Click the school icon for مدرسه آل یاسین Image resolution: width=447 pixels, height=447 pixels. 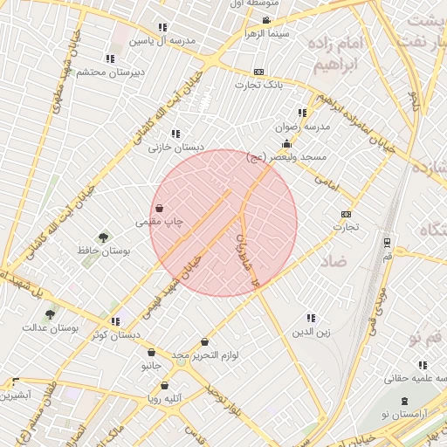(x=162, y=28)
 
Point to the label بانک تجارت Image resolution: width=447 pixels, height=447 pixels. (x=258, y=85)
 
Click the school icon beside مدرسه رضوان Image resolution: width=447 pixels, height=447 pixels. (x=302, y=113)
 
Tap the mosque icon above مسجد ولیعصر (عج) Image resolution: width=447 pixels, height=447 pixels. (x=286, y=144)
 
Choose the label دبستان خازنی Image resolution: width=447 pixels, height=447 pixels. (x=175, y=148)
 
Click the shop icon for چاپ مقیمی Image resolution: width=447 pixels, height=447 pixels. (x=160, y=209)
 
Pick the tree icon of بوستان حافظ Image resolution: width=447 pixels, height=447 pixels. (x=103, y=237)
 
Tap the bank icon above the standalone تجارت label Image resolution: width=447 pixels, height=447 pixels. (x=347, y=214)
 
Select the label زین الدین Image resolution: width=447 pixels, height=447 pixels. (x=311, y=332)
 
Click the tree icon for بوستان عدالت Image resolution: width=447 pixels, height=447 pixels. (x=50, y=315)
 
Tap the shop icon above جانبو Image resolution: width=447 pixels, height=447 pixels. (x=151, y=353)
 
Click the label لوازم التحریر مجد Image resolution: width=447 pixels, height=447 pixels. (x=205, y=355)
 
